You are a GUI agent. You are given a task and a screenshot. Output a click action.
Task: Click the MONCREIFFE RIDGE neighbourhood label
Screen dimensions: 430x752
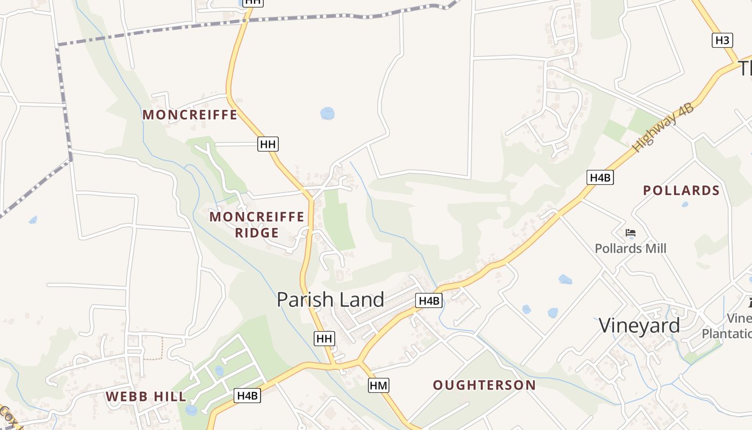tap(257, 225)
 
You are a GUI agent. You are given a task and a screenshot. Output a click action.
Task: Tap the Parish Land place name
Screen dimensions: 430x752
tap(330, 300)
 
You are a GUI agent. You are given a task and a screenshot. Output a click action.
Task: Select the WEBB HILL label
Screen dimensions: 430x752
tap(146, 397)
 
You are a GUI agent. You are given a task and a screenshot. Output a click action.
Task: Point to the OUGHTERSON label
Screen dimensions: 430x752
tap(485, 385)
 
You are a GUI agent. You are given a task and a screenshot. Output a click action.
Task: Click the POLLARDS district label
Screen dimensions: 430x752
tap(681, 190)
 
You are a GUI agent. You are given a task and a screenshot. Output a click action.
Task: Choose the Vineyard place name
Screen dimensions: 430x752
tap(639, 326)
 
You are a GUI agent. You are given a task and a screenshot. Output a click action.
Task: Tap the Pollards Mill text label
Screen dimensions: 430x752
tap(631, 248)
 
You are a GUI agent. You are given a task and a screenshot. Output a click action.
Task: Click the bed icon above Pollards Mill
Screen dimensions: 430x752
tap(631, 233)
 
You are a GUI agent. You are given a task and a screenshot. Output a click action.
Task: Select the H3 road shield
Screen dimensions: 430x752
tap(722, 40)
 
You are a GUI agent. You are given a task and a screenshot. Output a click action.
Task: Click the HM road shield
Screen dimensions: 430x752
tap(379, 385)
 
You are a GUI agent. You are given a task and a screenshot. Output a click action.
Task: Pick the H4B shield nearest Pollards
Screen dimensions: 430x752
tap(600, 177)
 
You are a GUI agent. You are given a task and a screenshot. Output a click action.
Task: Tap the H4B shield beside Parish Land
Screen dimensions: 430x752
tap(429, 300)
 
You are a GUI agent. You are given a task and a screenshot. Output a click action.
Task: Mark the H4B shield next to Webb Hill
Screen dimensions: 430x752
tap(248, 396)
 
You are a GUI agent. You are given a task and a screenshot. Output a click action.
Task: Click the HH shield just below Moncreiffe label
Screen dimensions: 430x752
tap(267, 144)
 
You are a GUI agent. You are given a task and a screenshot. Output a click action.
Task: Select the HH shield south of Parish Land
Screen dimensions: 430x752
tap(324, 338)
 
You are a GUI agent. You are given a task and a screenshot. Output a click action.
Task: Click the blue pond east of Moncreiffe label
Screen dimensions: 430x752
tap(327, 113)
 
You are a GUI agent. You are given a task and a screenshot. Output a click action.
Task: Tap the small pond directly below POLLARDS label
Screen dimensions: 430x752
tap(685, 204)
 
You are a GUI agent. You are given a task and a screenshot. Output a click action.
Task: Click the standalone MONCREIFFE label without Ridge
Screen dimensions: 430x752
tap(190, 114)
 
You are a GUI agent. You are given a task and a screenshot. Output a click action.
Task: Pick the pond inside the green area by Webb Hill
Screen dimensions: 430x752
tap(219, 370)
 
